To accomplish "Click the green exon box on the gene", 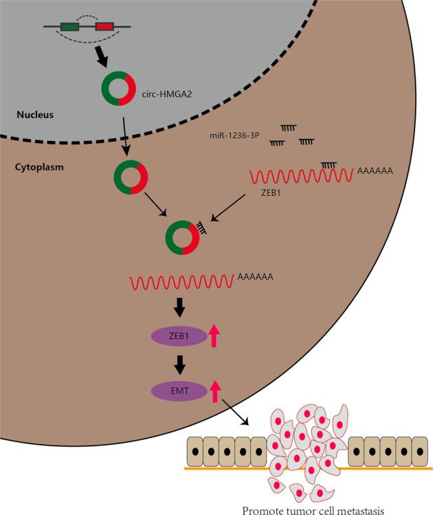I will point(69,27).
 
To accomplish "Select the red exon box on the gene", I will point(104,27).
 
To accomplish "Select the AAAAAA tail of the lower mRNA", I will point(255,277).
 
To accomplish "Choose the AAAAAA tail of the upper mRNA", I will point(375,171).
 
